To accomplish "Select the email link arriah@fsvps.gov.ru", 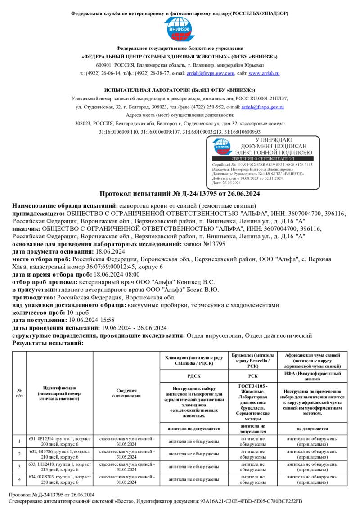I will coord(262,107).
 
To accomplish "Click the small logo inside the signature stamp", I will coord(222,146).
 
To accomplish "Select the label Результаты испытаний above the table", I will coord(48,343).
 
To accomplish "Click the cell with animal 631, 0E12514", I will coord(60,441).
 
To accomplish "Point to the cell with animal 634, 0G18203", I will coord(60,479).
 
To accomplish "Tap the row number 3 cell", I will coord(19,466).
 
